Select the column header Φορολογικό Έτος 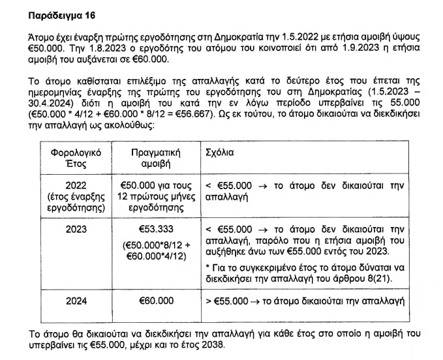pyautogui.click(x=70, y=157)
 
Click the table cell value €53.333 pyautogui.click(x=156, y=230)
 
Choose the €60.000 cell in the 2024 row pyautogui.click(x=156, y=301)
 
